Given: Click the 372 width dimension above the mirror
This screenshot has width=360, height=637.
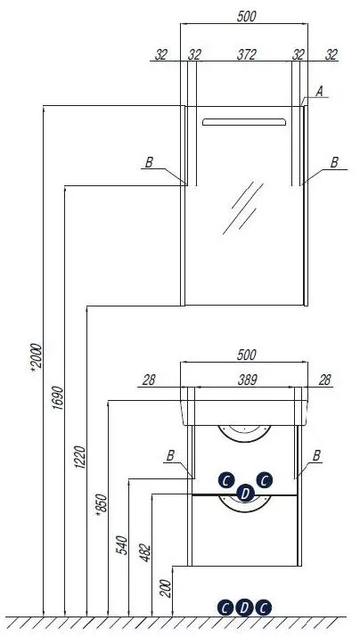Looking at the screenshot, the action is pos(247,54).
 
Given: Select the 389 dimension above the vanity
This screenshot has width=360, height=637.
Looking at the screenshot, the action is pos(247,380).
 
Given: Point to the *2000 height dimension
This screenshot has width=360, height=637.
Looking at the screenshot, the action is pos(37,356).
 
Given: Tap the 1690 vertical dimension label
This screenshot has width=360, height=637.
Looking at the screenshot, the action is pos(59,397).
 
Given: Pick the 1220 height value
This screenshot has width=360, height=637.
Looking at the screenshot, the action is pos(80,457).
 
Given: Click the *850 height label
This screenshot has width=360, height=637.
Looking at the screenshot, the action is pos(102,506).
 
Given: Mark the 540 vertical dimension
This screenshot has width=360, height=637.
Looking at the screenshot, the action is pos(122,545).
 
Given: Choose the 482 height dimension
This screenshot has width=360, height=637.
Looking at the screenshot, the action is pos(145,553).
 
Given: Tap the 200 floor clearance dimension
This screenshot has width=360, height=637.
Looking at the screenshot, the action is pos(166,588).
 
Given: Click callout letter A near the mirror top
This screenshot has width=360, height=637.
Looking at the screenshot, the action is pos(319,92).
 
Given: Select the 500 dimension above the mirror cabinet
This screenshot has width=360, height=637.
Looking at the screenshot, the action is pos(247,17).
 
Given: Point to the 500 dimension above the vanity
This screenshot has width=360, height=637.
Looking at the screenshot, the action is pos(247,355).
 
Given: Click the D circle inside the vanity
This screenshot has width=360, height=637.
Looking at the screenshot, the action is pos(245,494).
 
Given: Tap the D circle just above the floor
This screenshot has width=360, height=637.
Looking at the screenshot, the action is pos(244,608).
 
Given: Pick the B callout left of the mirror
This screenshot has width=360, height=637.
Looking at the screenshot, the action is pos(149,163).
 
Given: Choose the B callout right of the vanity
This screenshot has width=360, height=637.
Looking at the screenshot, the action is pos(317,456).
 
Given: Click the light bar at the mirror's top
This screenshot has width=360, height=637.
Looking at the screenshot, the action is pos(244,122).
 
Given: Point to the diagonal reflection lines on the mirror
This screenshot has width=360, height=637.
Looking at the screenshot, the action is pos(243,208).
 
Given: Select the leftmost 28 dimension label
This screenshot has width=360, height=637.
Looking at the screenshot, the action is pos(149,380).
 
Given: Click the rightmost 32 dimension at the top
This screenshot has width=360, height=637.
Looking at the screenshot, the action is pos(331,54).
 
